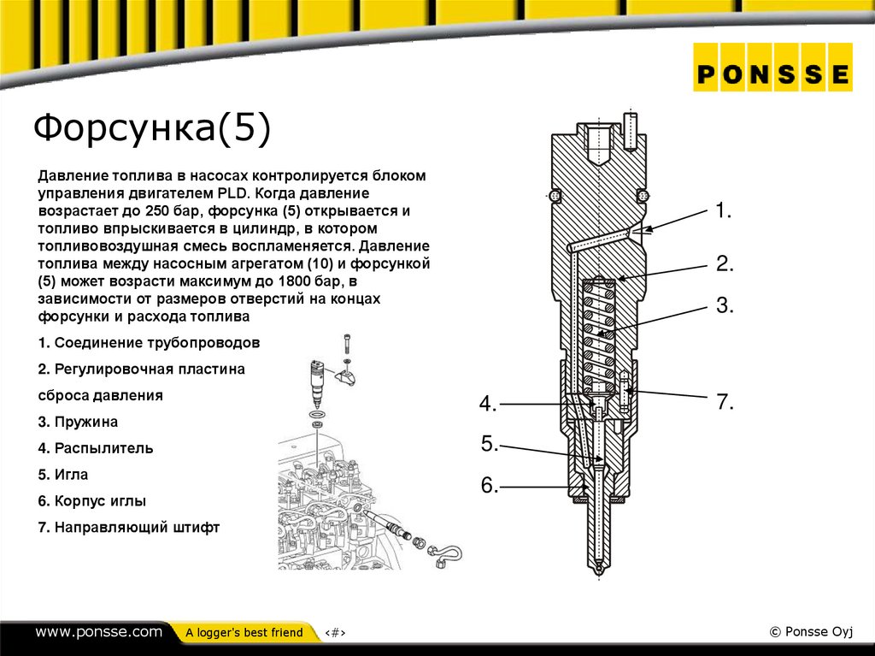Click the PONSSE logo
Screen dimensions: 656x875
click(x=772, y=74)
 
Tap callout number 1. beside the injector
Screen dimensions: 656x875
click(x=724, y=211)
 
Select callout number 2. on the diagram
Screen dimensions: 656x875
click(x=725, y=263)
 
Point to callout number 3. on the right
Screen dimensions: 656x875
click(x=725, y=305)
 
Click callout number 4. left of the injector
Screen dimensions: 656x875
click(x=487, y=404)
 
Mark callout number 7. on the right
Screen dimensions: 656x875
click(x=725, y=402)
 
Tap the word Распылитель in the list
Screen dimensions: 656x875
click(x=103, y=448)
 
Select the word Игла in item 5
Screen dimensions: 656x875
click(x=72, y=475)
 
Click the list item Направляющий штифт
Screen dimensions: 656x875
click(x=137, y=528)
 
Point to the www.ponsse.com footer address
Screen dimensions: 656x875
click(x=98, y=632)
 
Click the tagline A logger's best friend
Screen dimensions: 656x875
click(x=244, y=633)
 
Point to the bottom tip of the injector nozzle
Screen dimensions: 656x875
click(x=598, y=571)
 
